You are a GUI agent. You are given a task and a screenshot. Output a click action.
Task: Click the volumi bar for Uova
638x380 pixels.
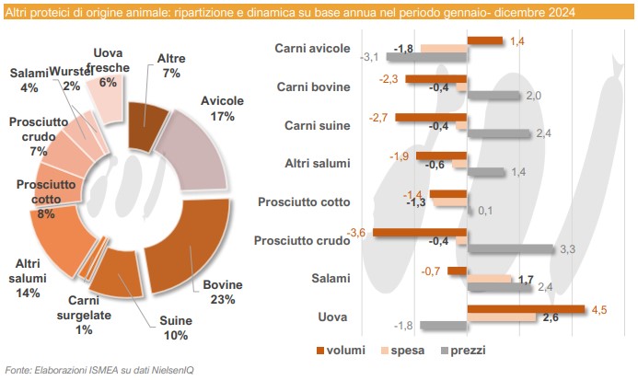coord(526,309)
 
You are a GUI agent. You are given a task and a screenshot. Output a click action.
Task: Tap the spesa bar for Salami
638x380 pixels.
coord(489,278)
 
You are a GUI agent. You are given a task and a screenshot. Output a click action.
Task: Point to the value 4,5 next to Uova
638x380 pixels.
coord(597,308)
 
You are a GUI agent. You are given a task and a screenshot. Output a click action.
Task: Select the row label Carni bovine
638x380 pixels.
coord(313,87)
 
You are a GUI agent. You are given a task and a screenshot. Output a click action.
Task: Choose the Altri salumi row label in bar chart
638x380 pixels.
coord(317,164)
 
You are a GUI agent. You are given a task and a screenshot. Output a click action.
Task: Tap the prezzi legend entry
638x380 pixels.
coord(460,350)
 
